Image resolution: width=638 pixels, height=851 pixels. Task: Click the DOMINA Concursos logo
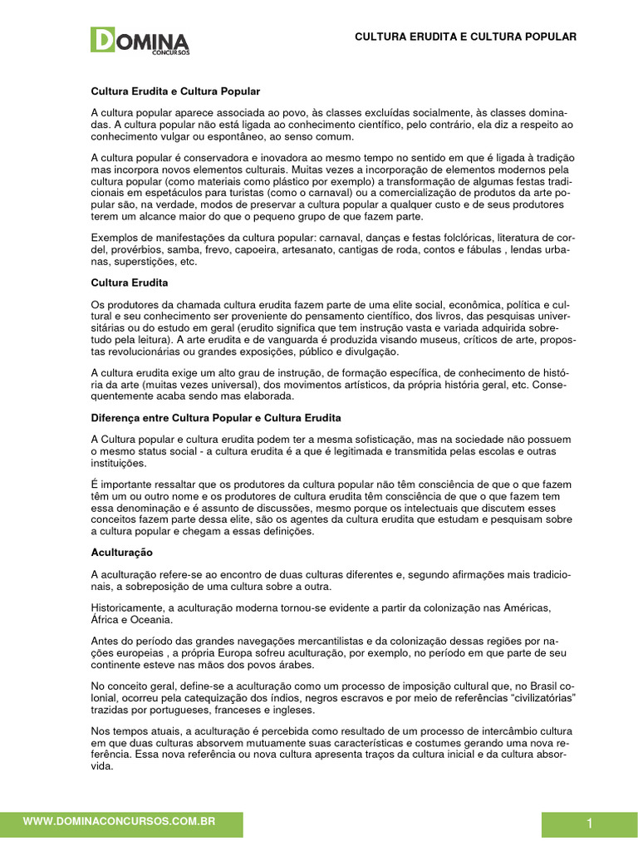coord(140,41)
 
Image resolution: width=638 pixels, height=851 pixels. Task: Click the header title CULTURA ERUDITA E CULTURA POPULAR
coord(465,37)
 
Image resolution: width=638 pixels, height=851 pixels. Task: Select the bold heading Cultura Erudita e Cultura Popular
coord(175,91)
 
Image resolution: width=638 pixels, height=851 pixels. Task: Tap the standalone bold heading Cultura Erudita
coord(130,283)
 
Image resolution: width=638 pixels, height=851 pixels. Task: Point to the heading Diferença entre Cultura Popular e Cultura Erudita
coord(216,416)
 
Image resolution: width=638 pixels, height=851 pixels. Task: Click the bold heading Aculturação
coord(121,551)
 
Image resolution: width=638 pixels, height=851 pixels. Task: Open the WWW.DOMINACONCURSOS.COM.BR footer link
coord(120,821)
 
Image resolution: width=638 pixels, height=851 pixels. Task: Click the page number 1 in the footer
coord(589,824)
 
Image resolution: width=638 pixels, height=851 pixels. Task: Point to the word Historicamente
coord(127,608)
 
